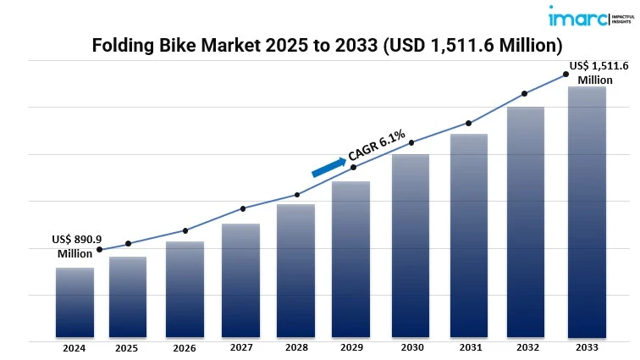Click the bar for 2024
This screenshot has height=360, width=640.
point(74,302)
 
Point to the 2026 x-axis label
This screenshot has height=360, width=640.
point(185,348)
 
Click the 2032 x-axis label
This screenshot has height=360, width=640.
point(526,348)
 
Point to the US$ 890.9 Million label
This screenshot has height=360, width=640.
point(74,246)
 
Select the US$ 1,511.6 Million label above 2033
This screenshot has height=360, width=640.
point(599,72)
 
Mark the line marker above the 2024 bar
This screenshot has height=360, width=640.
point(99,249)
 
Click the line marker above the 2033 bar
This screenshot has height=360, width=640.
point(566,75)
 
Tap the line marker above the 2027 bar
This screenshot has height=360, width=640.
point(243,208)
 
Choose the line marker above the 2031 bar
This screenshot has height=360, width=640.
point(468,124)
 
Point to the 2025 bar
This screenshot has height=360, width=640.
point(128,296)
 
